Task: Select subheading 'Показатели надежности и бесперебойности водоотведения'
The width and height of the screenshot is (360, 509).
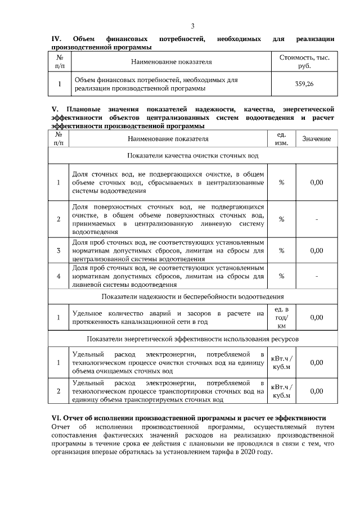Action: pyautogui.click(x=193, y=296)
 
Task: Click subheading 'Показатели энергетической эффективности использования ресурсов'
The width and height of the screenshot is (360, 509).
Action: pyautogui.click(x=193, y=339)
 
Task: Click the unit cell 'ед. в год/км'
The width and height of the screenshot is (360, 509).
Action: pyautogui.click(x=282, y=317)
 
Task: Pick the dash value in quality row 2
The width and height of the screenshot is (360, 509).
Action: pyautogui.click(x=317, y=219)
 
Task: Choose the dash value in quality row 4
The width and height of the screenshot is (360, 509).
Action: pyautogui.click(x=317, y=276)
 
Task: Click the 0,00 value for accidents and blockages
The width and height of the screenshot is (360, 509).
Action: pyautogui.click(x=317, y=317)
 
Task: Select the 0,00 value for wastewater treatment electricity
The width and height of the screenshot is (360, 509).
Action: pyautogui.click(x=317, y=363)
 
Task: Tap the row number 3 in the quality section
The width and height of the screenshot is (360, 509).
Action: pyautogui.click(x=58, y=250)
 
